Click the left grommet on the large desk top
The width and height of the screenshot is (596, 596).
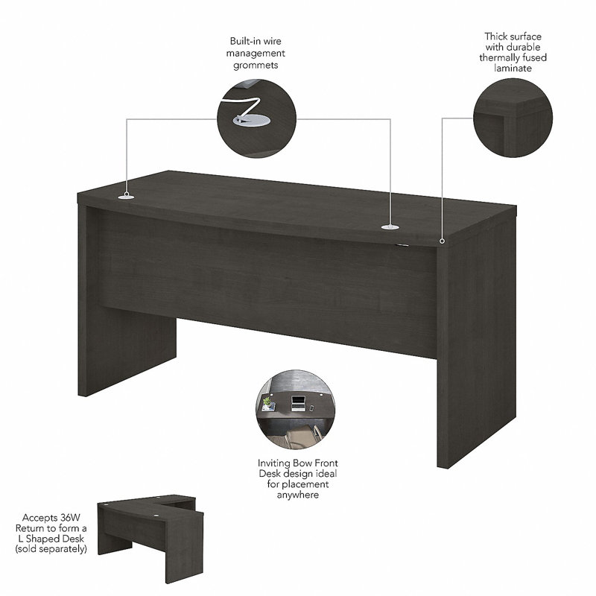click(126, 197)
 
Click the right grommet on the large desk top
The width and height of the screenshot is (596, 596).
click(389, 226)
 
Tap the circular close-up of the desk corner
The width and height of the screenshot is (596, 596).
click(513, 117)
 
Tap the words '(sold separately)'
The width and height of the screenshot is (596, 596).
click(54, 549)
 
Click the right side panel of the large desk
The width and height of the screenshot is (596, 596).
click(477, 350)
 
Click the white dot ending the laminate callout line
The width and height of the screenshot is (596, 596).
click(442, 240)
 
